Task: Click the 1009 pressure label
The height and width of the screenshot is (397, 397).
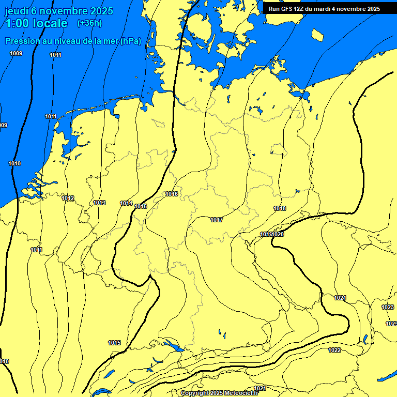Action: tap(16, 53)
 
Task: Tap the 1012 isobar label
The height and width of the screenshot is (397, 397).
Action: tap(68, 198)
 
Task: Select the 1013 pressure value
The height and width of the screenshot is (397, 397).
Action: tap(99, 203)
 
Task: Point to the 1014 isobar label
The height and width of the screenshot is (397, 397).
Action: tap(126, 203)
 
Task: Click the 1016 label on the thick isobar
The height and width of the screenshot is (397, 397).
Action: tap(172, 194)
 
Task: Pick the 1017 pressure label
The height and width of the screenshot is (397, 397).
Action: tap(217, 220)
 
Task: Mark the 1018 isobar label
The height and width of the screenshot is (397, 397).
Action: tap(280, 208)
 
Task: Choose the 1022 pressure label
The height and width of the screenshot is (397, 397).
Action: tap(334, 350)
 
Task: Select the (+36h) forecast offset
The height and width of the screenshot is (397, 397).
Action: tap(89, 23)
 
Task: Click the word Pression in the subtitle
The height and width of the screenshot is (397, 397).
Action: tap(24, 41)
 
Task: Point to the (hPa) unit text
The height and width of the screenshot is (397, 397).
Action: tap(130, 41)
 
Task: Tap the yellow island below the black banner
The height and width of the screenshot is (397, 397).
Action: tap(317, 35)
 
